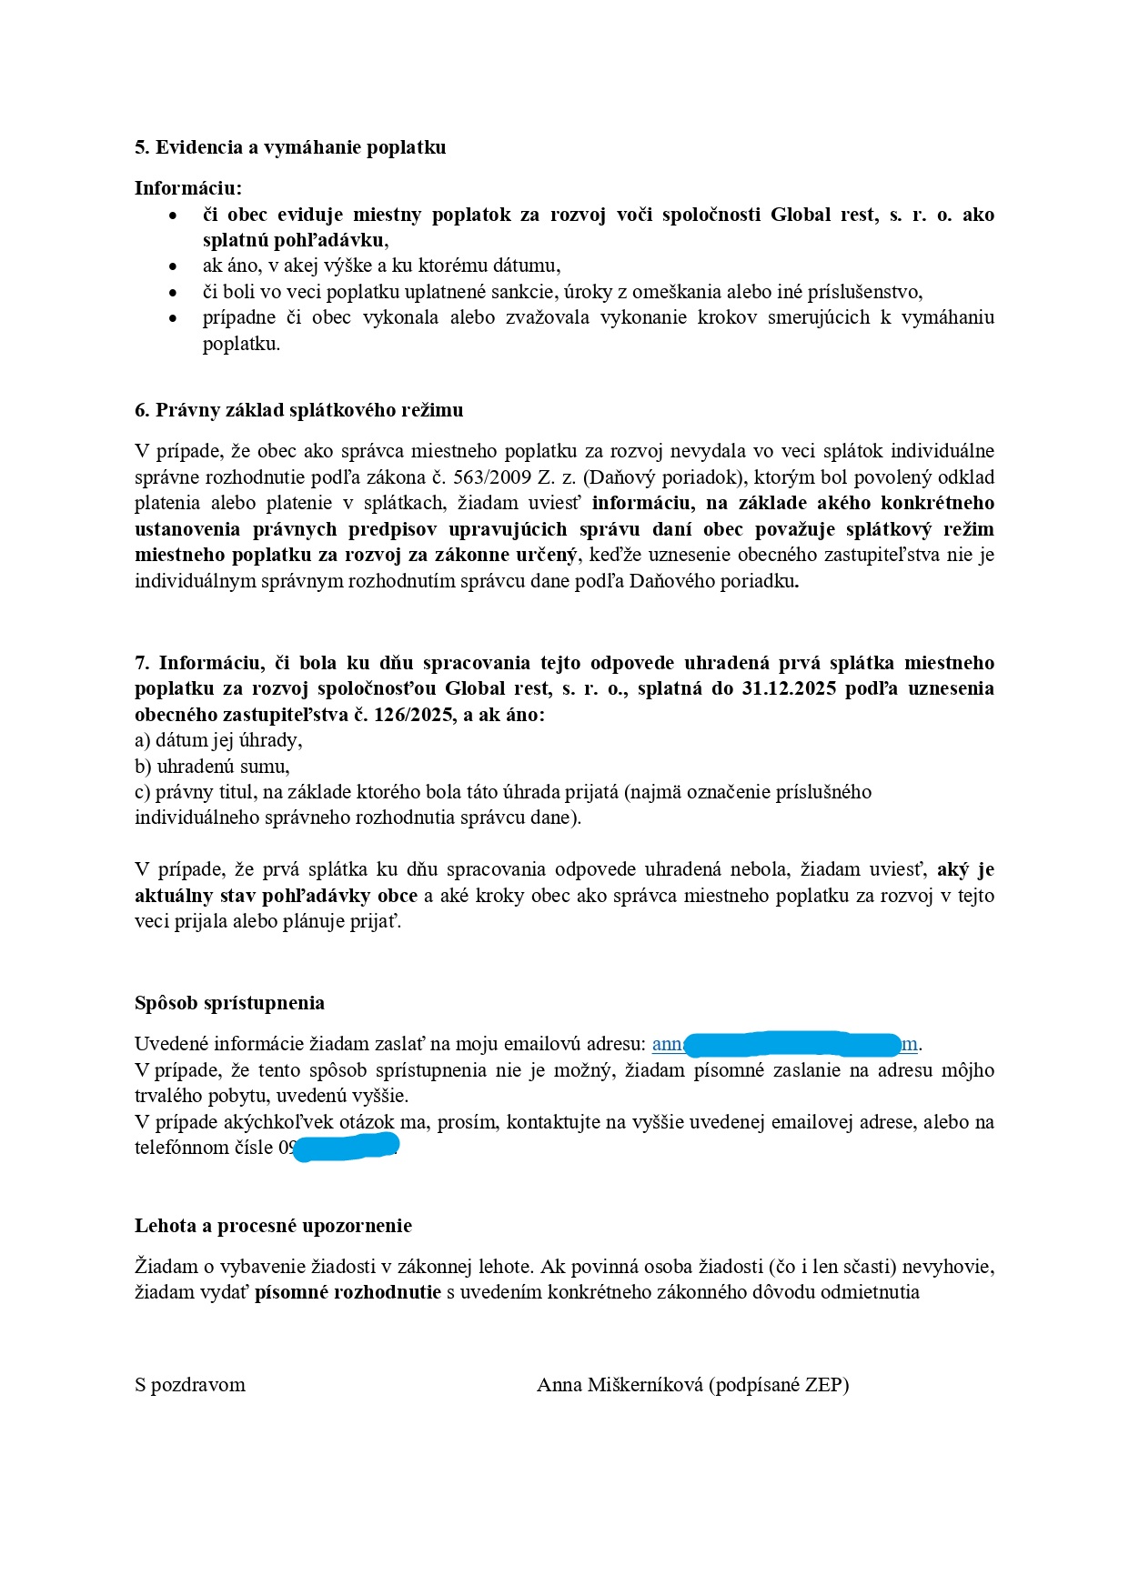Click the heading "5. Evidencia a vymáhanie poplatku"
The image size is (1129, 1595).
point(290,147)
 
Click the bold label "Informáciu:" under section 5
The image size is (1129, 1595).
point(188,188)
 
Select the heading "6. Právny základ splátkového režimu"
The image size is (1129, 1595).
point(298,410)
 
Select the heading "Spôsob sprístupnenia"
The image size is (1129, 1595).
point(229,1003)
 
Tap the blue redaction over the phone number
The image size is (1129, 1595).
point(347,1147)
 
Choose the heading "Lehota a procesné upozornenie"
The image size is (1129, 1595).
point(273,1226)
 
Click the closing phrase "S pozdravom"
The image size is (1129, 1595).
point(190,1385)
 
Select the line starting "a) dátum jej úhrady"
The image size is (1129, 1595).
point(218,740)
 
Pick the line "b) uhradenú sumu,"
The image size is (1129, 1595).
point(212,766)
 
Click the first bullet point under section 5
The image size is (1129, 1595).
point(173,216)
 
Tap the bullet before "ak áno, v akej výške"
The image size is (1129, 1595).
point(173,266)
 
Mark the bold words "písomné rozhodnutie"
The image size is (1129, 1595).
point(348,1292)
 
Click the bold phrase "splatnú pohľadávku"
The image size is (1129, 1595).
point(294,241)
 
